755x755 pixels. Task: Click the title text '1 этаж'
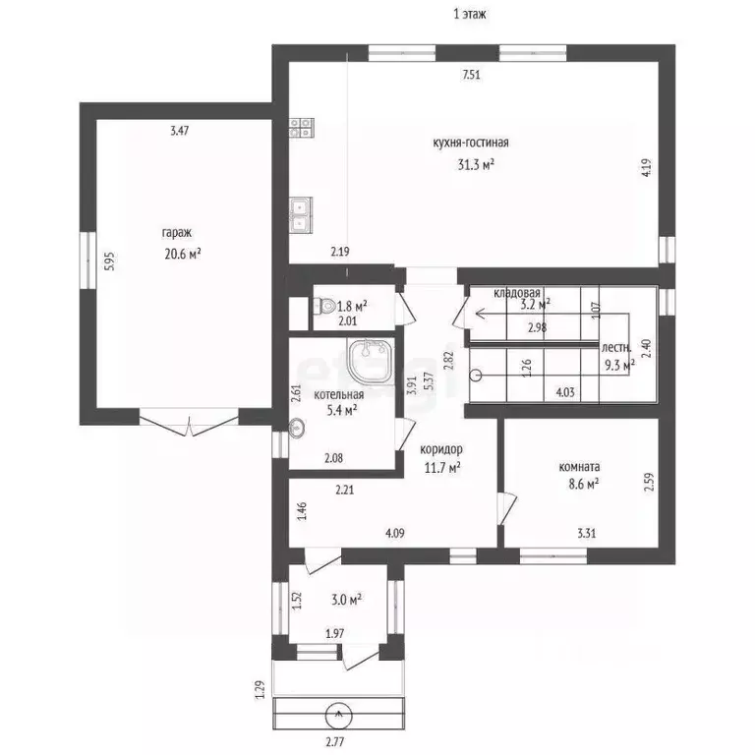pyautogui.click(x=470, y=14)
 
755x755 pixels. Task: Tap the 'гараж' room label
pyautogui.click(x=177, y=233)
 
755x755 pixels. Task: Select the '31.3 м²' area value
pyautogui.click(x=476, y=165)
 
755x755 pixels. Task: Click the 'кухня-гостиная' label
pyautogui.click(x=471, y=143)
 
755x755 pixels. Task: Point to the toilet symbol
pyautogui.click(x=324, y=306)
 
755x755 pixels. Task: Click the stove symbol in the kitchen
pyautogui.click(x=302, y=127)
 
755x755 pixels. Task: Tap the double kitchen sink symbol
pyautogui.click(x=301, y=215)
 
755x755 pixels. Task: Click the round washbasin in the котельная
pyautogui.click(x=297, y=428)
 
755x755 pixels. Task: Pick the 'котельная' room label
pyautogui.click(x=338, y=395)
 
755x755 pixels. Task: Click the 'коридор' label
pyautogui.click(x=441, y=449)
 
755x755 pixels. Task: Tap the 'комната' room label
pyautogui.click(x=579, y=467)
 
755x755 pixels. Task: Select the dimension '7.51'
pyautogui.click(x=472, y=75)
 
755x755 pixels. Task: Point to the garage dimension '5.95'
pyautogui.click(x=110, y=261)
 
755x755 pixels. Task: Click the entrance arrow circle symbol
pyautogui.click(x=339, y=716)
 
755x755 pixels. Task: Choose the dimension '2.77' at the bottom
pyautogui.click(x=334, y=741)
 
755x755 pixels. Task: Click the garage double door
pyautogui.click(x=189, y=423)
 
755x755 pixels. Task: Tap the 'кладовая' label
pyautogui.click(x=517, y=293)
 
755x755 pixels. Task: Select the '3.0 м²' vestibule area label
pyautogui.click(x=347, y=600)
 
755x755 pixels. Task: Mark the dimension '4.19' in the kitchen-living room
pyautogui.click(x=647, y=168)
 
